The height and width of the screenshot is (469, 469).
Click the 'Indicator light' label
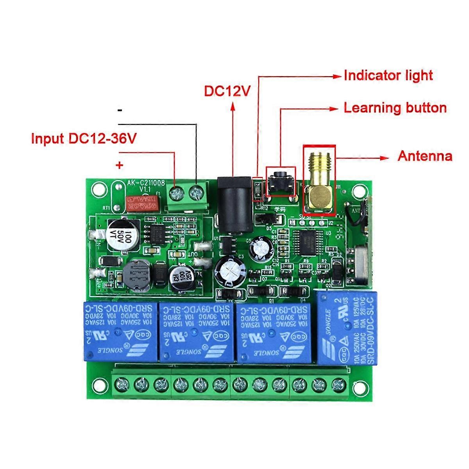[388, 75]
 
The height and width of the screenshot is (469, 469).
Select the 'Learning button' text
[395, 108]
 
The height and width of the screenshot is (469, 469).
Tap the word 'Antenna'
[424, 156]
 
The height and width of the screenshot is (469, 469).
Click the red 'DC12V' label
[227, 91]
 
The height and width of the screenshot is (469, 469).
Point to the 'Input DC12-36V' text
[84, 138]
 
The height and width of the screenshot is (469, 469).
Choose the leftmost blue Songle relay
[119, 331]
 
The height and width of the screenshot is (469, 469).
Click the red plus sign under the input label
[119, 165]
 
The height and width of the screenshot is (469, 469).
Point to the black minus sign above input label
[120, 111]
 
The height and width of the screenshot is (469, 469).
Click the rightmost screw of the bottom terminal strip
[338, 385]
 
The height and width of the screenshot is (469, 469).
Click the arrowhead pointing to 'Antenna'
[385, 158]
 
